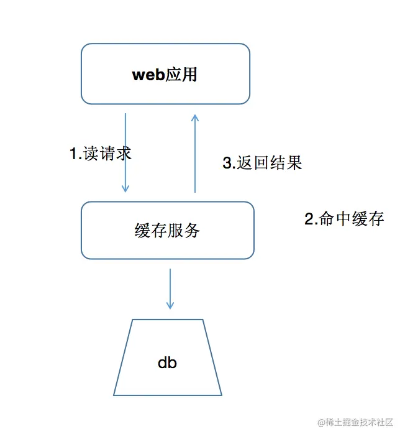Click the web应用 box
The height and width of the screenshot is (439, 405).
(165, 73)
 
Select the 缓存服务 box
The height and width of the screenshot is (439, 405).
(167, 230)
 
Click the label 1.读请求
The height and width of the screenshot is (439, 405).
(101, 154)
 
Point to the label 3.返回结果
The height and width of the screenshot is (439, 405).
(262, 163)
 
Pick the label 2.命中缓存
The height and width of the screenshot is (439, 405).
(344, 219)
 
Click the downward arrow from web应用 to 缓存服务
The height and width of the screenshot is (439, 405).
(125, 153)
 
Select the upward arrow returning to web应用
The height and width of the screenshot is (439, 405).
(195, 153)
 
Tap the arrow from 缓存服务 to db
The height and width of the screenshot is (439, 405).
(170, 289)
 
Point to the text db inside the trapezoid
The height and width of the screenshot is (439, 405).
(167, 363)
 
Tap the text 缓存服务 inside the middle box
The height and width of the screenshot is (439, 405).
(167, 230)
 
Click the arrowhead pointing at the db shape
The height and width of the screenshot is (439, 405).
(170, 305)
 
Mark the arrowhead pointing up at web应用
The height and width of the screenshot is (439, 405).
(195, 118)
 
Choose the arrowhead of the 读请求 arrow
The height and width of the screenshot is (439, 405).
(125, 188)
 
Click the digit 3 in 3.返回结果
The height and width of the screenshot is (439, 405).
(227, 164)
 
